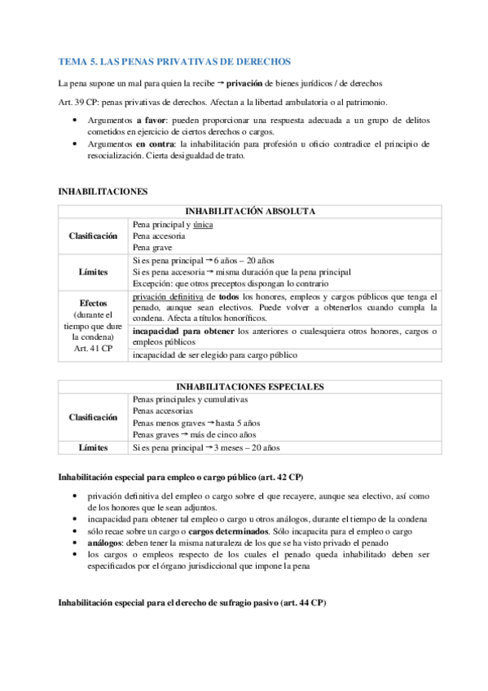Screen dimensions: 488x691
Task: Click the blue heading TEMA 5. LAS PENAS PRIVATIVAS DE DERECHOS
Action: [x=174, y=62]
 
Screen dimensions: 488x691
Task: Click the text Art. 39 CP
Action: [x=80, y=102]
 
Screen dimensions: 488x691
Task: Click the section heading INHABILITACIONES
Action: [x=103, y=191]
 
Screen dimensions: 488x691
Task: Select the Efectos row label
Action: [x=93, y=302]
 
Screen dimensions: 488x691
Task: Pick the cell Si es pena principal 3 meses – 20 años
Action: [x=204, y=447]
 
